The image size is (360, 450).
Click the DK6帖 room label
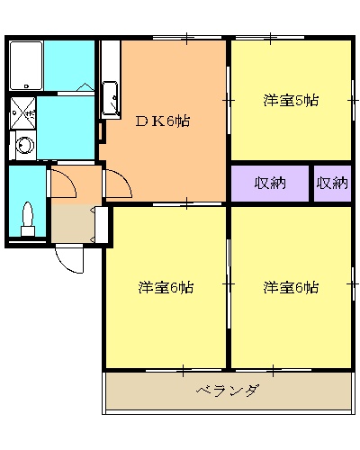(x=162, y=120)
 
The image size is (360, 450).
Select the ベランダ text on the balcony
(x=228, y=391)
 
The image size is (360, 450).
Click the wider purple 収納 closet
(x=269, y=183)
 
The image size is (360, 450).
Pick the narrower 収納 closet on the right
(x=331, y=183)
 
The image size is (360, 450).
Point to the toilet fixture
(x=28, y=220)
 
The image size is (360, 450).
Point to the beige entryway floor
(x=70, y=222)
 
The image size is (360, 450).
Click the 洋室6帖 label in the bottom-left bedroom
(x=165, y=288)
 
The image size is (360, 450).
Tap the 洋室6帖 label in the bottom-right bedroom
(x=290, y=288)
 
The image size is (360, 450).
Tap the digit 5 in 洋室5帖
(x=300, y=100)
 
